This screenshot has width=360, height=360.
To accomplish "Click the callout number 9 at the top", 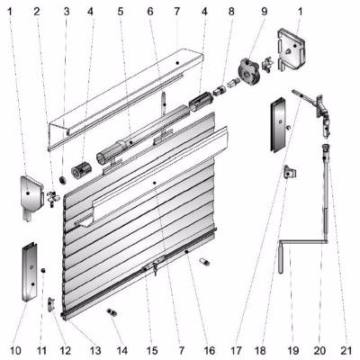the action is tap(264, 12).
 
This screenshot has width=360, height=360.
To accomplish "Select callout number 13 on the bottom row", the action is tap(95, 350).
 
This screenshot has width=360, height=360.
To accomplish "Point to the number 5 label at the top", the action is tap(121, 12).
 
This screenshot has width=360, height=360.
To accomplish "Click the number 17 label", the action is tap(237, 350).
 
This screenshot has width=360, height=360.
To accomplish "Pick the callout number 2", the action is tap(37, 12).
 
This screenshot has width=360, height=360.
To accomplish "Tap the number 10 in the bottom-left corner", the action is tap(15, 350).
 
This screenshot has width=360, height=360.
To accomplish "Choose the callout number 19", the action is tap(293, 350).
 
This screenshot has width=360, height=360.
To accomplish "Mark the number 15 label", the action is tap(152, 350).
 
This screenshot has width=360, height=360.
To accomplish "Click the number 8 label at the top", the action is tap(231, 12).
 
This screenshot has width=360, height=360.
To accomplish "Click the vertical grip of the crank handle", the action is tap(281, 259).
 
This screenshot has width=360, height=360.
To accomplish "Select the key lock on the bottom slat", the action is tap(155, 267).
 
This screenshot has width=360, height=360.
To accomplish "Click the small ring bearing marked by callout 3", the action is tap(63, 180).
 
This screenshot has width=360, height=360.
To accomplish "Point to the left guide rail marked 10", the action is tap(30, 272).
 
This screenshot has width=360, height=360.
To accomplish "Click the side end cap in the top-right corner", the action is tap(292, 49).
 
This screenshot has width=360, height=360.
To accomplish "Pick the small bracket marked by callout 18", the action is tap(290, 172).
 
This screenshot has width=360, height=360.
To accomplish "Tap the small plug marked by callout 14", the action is tap(112, 312).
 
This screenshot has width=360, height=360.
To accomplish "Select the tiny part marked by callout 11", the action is tap(43, 270).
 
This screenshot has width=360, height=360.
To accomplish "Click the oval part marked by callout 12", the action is tap(50, 304).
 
